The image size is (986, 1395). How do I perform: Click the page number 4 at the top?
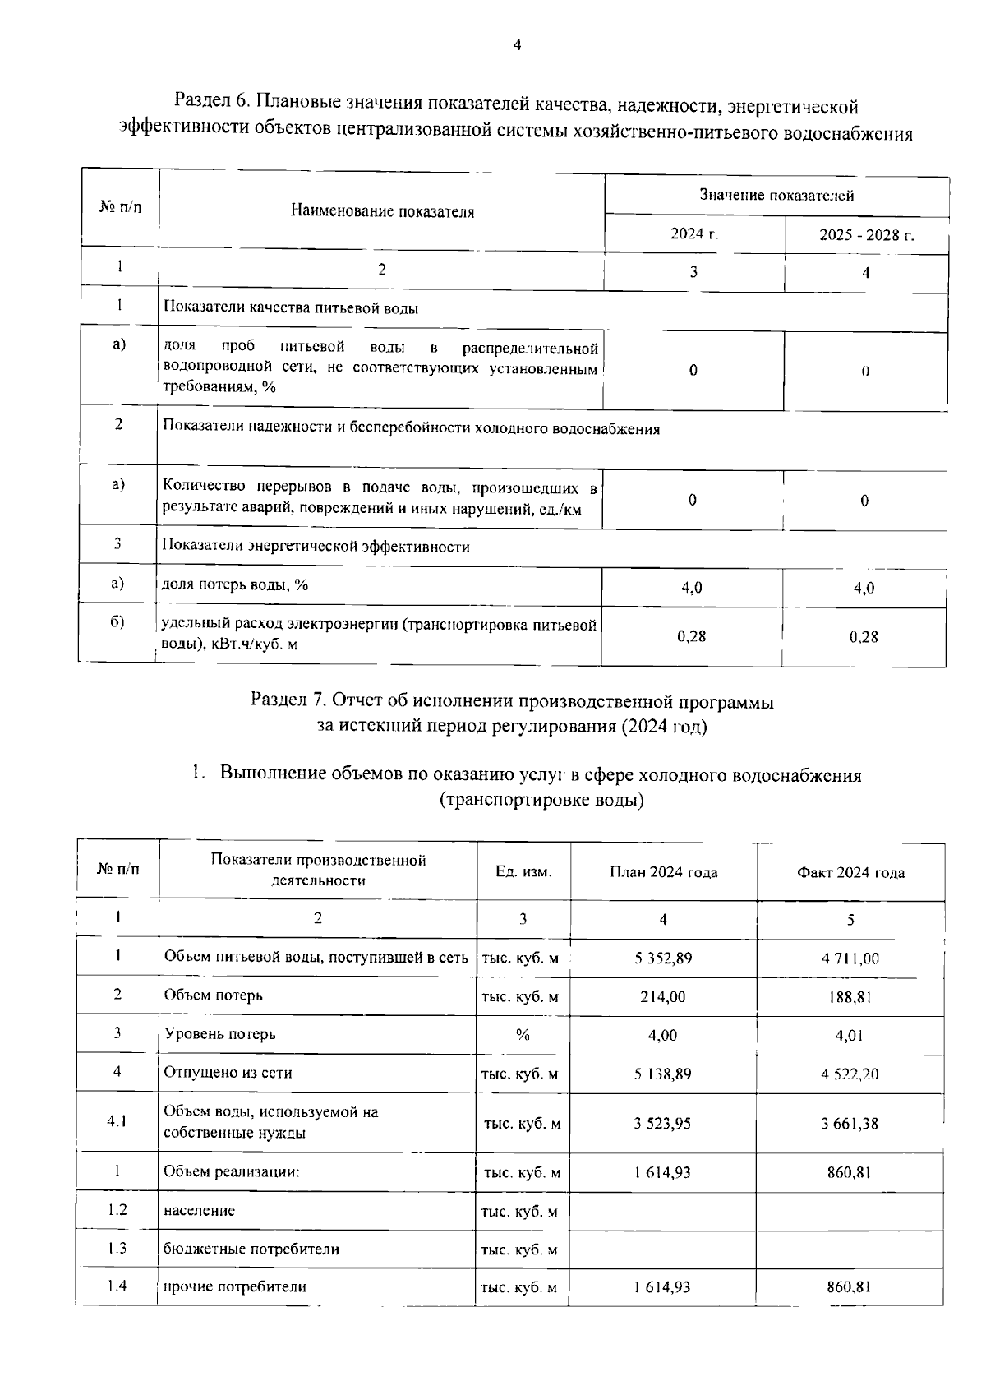click(517, 46)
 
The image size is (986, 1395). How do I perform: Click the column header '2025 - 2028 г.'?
click(866, 235)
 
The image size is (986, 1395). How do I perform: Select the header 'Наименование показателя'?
click(382, 212)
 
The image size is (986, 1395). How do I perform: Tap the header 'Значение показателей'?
click(776, 195)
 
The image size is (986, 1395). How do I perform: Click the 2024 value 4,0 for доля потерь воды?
click(692, 588)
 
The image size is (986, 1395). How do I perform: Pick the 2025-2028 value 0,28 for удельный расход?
click(864, 636)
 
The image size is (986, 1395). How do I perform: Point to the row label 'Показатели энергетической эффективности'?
click(316, 547)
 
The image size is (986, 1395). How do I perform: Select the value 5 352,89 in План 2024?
click(662, 958)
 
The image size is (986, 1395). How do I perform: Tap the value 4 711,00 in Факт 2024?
click(850, 958)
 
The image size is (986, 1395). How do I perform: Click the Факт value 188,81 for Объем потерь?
click(850, 997)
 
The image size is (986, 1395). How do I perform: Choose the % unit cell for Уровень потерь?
click(523, 1035)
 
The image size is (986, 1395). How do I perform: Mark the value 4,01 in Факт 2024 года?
click(850, 1036)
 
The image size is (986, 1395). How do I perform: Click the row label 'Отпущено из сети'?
click(228, 1073)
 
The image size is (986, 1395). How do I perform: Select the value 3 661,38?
click(850, 1124)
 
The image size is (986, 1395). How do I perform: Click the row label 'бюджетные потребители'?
click(251, 1249)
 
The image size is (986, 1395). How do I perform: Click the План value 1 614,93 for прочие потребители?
click(662, 1287)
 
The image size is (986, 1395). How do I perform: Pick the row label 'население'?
click(199, 1211)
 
